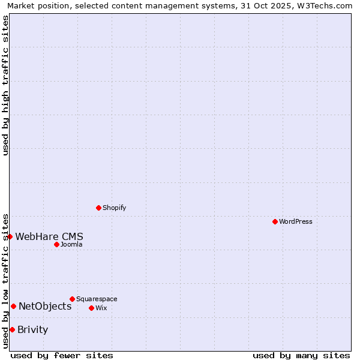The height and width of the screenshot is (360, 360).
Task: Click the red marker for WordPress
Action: pos(275,221)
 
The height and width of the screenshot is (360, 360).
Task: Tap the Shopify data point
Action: pos(98,208)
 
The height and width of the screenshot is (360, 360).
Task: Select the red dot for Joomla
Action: pos(56,244)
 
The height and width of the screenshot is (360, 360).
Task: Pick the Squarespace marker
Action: pos(72,299)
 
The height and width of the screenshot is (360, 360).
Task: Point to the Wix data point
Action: pos(91,308)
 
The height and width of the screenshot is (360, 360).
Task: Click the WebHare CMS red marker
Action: pos(10,236)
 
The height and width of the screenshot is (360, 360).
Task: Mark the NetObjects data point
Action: pos(13,306)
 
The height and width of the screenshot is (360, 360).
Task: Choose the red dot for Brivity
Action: pos(12,329)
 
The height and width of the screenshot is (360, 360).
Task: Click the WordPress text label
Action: pos(296,221)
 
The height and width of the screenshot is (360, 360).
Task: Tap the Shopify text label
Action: pos(115,208)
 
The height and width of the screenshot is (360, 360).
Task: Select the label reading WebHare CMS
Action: pos(49,236)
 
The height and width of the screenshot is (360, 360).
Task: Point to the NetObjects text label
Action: pos(45,306)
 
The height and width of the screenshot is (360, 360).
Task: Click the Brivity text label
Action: pos(33,329)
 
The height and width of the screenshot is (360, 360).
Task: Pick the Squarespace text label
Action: pos(97,299)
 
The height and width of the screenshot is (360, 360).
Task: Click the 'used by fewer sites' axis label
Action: pos(62,355)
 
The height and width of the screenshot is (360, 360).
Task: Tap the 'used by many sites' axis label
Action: pos(301,355)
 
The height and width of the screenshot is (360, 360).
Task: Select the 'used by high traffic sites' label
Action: pos(5,85)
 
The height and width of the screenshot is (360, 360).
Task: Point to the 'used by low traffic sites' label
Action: pos(5,280)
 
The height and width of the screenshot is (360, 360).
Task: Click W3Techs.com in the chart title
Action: pos(323,5)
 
